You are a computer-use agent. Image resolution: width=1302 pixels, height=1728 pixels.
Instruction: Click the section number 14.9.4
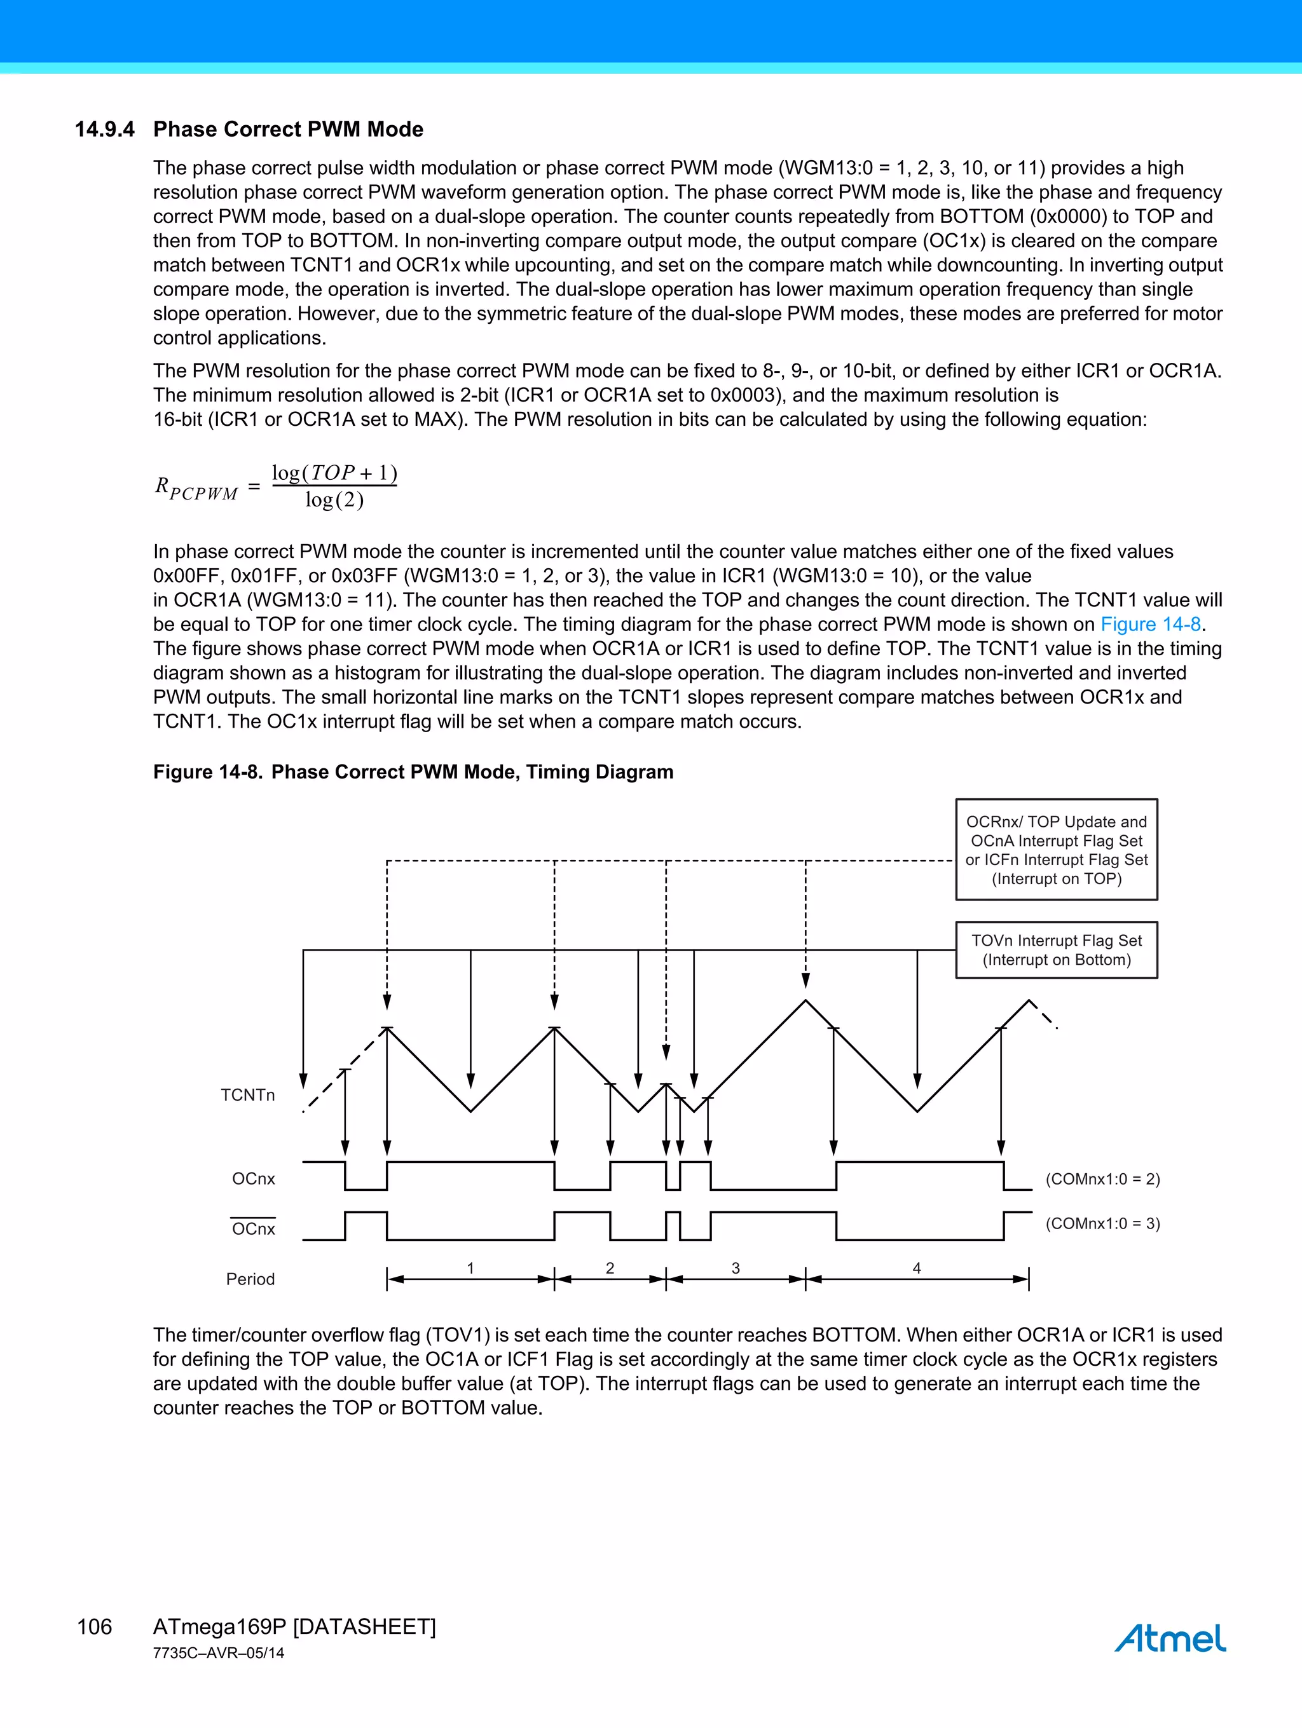105,130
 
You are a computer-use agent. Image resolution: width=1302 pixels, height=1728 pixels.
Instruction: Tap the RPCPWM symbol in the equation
195,489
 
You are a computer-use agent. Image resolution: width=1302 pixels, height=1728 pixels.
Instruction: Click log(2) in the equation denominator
334,500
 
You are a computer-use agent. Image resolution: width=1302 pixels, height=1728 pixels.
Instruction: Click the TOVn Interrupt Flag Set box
1056,950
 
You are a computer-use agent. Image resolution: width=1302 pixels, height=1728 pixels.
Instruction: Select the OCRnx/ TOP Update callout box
1056,850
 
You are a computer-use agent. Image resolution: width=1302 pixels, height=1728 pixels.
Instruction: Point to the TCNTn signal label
248,1095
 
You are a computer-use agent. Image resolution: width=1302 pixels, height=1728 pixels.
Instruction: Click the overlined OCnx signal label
253,1229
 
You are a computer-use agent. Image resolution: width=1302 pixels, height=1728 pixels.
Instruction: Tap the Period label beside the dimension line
250,1279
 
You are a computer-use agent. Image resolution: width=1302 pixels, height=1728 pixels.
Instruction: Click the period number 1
470,1268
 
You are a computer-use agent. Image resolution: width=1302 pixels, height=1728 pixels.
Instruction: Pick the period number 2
610,1268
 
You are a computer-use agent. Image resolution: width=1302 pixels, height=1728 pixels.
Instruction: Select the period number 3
736,1268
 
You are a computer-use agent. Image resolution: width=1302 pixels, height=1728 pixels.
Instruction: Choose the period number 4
917,1268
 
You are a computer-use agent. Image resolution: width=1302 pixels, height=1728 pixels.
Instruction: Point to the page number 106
95,1626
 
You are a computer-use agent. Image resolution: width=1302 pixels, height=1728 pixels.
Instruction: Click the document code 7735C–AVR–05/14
218,1653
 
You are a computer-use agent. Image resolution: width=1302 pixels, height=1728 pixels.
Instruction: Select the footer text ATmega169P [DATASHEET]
294,1626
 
